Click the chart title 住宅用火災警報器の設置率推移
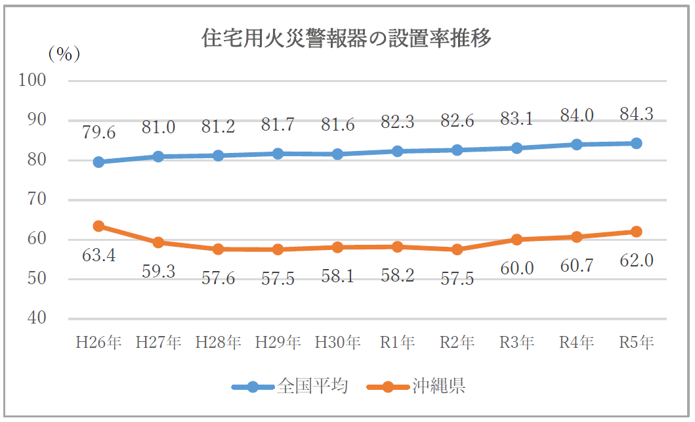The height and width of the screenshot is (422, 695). coord(346,38)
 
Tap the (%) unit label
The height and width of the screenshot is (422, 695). coord(64,54)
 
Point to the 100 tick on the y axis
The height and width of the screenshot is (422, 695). coord(32,80)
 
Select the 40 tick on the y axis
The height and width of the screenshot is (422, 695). coord(36,318)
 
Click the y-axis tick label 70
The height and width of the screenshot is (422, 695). coord(36,199)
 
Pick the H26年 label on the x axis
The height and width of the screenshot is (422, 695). coord(98,342)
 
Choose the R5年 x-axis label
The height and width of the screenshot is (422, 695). coord(636,342)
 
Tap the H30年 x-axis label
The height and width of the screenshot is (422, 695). coord(337,342)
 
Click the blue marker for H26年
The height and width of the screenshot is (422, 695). coord(98,162)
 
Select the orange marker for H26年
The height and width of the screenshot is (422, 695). coord(98,226)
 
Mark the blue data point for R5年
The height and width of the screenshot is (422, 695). coord(636,143)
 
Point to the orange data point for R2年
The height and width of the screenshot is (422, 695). coord(457,249)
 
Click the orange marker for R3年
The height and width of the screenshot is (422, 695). coord(516,240)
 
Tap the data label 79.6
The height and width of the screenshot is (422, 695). coord(98,133)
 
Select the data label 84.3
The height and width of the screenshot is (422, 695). coord(636,114)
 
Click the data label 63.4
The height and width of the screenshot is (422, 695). coord(98,255)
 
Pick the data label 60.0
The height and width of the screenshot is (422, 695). coord(516,268)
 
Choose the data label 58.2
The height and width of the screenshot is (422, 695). coord(397,276)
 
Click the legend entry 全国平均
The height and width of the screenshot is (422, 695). coord(289,387)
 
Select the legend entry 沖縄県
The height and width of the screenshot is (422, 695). coord(416,387)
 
